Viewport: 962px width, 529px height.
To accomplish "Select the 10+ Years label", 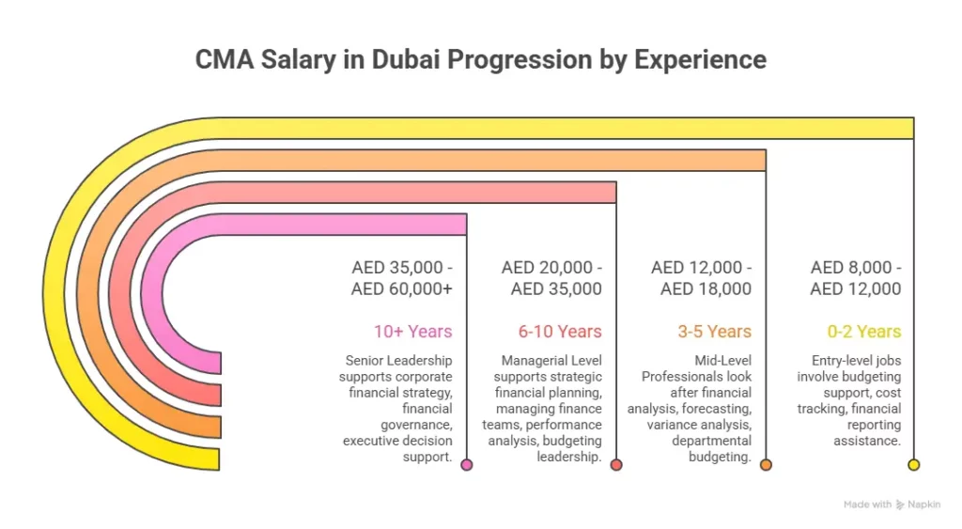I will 413,331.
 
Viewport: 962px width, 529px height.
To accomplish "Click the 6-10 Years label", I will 560,331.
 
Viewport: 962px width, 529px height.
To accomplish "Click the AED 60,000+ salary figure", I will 402,288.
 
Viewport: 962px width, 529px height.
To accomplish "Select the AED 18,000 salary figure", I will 706,288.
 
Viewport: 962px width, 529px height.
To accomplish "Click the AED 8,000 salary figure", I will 851,268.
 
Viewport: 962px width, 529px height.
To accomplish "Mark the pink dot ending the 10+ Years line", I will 467,464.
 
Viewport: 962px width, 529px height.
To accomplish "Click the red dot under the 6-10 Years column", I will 616,464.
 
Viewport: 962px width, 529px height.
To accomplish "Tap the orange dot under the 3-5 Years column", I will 766,464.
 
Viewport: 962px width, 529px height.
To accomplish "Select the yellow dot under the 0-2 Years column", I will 914,464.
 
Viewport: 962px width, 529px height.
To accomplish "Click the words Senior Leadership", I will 398,360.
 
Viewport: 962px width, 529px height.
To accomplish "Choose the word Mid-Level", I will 722,360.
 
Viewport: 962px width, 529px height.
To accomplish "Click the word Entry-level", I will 839,360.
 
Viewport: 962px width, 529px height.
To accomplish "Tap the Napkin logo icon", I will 900,505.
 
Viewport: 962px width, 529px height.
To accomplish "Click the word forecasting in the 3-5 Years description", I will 715,409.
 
